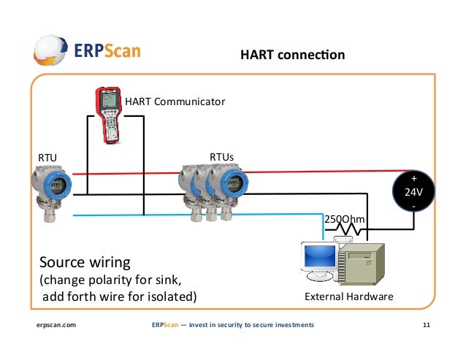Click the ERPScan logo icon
pos(53,52)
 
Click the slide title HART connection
pos(292,55)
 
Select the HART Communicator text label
pos(175,101)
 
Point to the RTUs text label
pos(222,157)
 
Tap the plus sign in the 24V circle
pos(414,179)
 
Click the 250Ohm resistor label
pos(344,219)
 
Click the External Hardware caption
pos(348,296)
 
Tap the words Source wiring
pos(85,262)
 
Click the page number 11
pos(427,324)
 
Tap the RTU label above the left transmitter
pos(47,157)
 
